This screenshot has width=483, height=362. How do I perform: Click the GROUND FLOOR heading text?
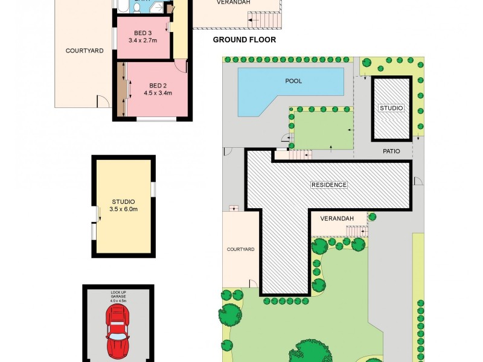tap(245, 40)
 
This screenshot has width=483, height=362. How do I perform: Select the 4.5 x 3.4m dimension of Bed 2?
tap(158, 93)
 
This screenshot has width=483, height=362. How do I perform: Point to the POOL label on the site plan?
tap(293, 81)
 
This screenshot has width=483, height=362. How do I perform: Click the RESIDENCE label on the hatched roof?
tap(328, 185)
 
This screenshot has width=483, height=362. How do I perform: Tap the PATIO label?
tap(391, 151)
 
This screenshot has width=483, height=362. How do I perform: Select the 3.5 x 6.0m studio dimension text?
tap(124, 209)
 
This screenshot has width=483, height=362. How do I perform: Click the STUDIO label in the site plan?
tap(391, 108)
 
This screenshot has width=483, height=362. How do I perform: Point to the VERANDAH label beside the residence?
tap(336, 218)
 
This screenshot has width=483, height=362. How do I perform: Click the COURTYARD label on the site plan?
tap(240, 249)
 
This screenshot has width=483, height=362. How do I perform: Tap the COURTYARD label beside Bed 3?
tap(84, 51)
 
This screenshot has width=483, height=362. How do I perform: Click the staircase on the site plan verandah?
tap(357, 231)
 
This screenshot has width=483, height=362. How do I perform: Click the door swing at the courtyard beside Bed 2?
tap(103, 101)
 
